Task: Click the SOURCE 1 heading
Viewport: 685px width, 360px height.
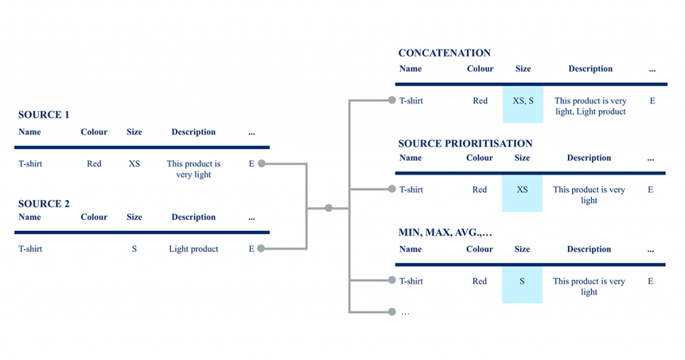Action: point(43,115)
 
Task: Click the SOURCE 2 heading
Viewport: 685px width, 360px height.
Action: point(43,204)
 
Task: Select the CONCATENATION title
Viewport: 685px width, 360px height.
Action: point(444,54)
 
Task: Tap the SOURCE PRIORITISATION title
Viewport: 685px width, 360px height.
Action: point(466,144)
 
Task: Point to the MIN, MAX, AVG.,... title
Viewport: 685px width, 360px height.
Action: point(445,233)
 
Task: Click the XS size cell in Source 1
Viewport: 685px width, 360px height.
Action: point(134,164)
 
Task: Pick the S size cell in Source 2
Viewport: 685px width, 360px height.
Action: point(134,249)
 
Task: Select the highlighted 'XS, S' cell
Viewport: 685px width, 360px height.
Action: point(523,104)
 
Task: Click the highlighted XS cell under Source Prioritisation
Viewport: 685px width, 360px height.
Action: point(522,193)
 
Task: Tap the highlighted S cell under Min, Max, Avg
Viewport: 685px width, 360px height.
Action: point(522,285)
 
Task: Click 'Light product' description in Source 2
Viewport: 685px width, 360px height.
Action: point(193,249)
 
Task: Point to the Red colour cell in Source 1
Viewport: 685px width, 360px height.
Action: point(94,164)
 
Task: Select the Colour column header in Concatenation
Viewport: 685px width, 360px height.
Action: point(480,69)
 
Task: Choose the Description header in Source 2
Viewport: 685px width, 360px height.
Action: point(193,217)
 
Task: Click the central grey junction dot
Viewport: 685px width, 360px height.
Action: point(328,208)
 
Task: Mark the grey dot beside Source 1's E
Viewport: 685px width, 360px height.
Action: point(262,163)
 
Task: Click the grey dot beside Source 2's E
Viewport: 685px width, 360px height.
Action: point(262,249)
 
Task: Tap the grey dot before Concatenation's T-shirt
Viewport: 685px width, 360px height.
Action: point(392,100)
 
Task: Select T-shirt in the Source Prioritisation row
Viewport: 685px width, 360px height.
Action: point(411,189)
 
